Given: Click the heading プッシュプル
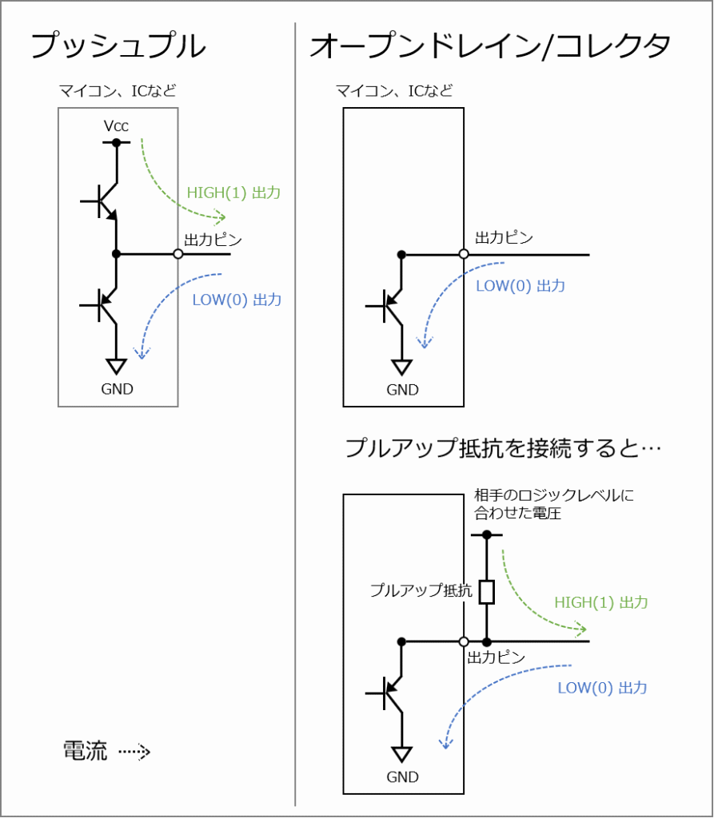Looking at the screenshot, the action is (x=118, y=46).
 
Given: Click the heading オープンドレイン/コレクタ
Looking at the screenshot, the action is (x=490, y=46).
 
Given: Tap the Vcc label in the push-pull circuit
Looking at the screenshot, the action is (x=116, y=125).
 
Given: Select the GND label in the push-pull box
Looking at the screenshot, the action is (x=117, y=389).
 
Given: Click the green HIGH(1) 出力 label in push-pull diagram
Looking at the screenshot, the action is (x=233, y=193).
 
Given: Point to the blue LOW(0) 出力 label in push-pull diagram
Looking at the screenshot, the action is (x=237, y=300).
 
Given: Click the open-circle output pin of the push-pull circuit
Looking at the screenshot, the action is (x=178, y=254).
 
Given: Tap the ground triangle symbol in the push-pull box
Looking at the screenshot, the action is (x=116, y=366).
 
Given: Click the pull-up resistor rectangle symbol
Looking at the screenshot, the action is (x=487, y=592).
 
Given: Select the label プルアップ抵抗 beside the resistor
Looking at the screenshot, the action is (x=421, y=590).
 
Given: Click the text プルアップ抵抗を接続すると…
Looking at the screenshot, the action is (x=503, y=448).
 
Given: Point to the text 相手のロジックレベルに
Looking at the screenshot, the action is (x=554, y=494).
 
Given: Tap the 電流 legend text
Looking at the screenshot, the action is (x=85, y=751).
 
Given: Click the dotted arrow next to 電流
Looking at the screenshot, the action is (x=134, y=752).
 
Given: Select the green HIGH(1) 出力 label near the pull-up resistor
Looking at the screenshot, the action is (x=601, y=602).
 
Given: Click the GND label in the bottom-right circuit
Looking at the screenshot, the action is (x=403, y=777).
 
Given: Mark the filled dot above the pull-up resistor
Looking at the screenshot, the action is (x=487, y=534).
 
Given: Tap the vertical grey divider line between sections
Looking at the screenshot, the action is (x=295, y=415).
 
